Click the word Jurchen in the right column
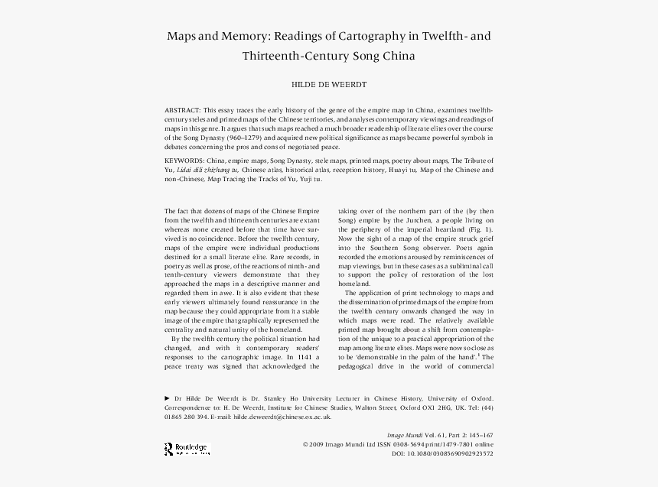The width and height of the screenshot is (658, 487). click(419, 219)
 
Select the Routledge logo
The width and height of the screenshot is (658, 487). click(187, 449)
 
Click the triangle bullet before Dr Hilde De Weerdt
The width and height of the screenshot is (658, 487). click(168, 398)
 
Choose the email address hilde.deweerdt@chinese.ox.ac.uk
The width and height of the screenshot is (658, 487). click(282, 417)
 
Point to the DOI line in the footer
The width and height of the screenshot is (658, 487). click(442, 453)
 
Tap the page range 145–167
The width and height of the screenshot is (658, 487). click(477, 435)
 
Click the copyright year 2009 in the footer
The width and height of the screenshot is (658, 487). click(321, 444)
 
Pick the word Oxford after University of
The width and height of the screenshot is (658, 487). click(478, 398)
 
